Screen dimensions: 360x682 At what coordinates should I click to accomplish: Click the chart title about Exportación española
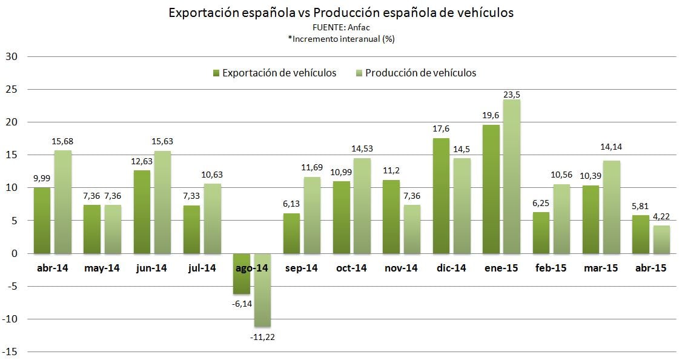(340, 13)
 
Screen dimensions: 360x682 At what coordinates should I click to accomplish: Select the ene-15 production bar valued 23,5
(511, 176)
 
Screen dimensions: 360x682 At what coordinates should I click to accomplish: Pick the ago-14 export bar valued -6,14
(242, 273)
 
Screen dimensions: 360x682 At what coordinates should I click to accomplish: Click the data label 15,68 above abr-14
(62, 142)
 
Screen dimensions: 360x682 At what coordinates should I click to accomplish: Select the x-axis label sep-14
(301, 268)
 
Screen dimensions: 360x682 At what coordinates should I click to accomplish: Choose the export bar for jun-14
(143, 212)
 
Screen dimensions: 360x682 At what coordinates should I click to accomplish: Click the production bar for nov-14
(412, 229)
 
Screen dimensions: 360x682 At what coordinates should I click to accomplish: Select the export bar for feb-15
(541, 233)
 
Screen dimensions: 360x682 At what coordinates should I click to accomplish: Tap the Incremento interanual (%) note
(341, 39)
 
